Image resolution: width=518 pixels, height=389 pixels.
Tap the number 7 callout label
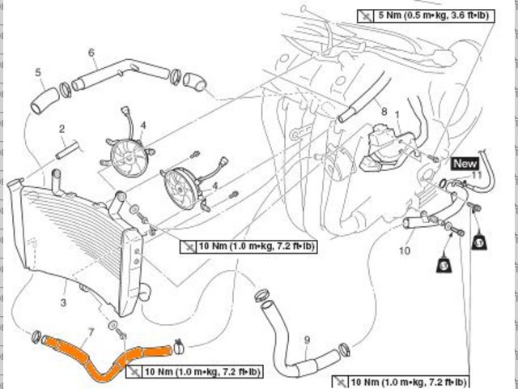click(x=91, y=331)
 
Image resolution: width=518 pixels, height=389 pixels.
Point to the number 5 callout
click(x=38, y=74)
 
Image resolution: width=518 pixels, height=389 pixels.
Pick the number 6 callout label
click(x=91, y=53)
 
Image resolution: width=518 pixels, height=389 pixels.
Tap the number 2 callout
click(x=61, y=129)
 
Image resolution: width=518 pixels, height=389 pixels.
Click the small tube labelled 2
click(x=69, y=151)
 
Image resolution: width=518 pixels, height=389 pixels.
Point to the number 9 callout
click(x=307, y=339)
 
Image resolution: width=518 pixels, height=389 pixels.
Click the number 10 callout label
click(x=405, y=251)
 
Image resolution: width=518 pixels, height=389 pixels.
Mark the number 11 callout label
click(x=477, y=175)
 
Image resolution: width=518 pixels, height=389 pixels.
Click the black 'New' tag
click(x=465, y=163)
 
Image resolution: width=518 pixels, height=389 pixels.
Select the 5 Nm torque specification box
click(x=424, y=15)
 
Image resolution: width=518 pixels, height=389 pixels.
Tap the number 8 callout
click(x=384, y=111)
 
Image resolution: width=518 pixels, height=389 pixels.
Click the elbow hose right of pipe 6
click(x=195, y=80)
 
